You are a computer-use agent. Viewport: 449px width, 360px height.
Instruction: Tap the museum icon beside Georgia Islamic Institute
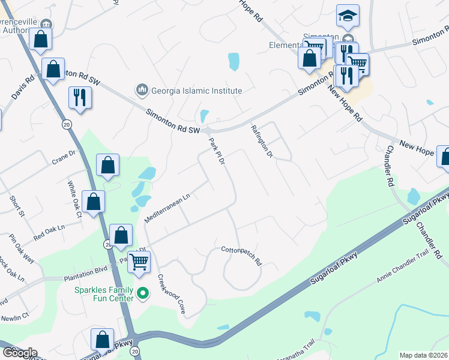[142, 91]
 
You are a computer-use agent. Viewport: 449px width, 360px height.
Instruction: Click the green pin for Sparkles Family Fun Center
[142, 294]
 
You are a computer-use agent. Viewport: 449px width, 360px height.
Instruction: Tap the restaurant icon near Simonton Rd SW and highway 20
[80, 97]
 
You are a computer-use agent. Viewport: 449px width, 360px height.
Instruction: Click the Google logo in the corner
[19, 353]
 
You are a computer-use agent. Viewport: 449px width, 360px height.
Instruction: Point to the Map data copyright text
[423, 355]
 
